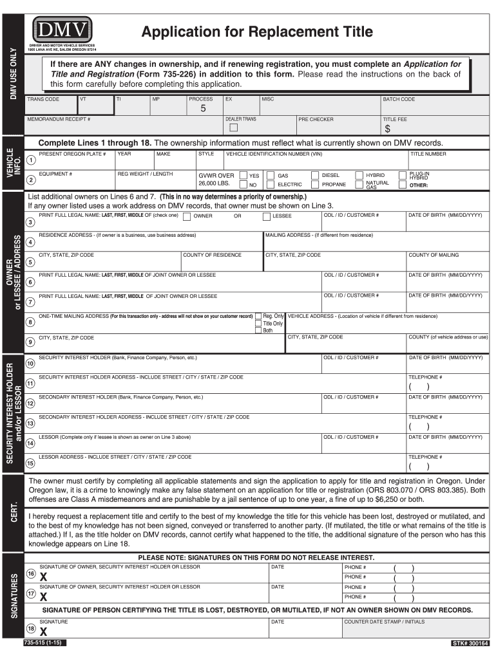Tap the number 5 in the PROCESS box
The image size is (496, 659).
pos(203,109)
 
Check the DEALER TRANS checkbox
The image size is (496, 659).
pos(234,127)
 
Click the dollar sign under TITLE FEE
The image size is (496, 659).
pos(388,129)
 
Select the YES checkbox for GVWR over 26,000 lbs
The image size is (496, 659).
pos(243,175)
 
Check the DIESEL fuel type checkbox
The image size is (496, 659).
pos(315,175)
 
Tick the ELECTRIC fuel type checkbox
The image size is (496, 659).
pos(271,185)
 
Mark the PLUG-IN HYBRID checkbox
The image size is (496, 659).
pos(403,175)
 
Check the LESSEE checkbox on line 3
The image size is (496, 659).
pos(266,216)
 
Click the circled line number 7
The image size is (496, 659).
pos(30,302)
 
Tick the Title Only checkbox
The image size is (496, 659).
pos(258,323)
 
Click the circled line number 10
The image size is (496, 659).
pos(30,364)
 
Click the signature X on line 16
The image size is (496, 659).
pos(43,577)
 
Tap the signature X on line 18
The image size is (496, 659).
pos(43,632)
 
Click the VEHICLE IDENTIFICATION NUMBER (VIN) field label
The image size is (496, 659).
pos(274,154)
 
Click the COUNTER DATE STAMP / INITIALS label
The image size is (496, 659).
pos(385,622)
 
